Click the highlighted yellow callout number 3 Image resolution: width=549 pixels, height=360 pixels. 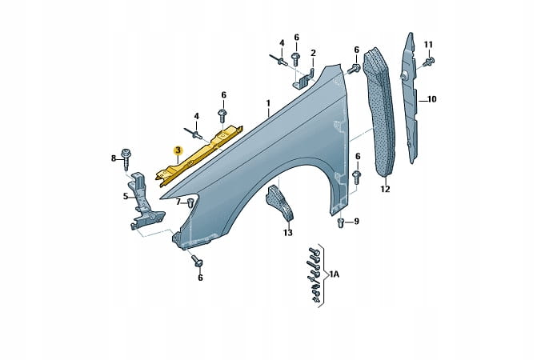(178, 150)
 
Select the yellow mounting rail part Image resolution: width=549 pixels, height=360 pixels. (198, 154)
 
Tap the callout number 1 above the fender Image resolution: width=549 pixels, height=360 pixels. (268, 103)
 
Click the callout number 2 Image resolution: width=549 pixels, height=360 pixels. (313, 53)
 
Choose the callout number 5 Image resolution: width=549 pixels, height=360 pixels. (126, 196)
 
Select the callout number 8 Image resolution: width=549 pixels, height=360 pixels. (114, 158)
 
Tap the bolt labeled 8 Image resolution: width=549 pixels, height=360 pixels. (126, 159)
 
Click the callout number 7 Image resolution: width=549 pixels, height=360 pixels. (178, 202)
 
